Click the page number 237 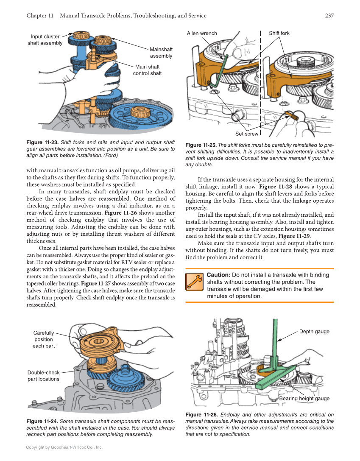(329, 16)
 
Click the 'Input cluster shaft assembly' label (45, 40)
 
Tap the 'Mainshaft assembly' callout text (161, 53)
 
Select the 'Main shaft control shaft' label (147, 70)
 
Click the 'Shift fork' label (279, 34)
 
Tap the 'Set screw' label (246, 134)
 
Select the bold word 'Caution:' (218, 275)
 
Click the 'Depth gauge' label (314, 331)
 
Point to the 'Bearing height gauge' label (304, 398)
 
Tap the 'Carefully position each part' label (44, 339)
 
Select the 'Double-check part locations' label (43, 376)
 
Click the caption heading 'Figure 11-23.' (42, 142)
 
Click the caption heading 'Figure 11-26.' (202, 415)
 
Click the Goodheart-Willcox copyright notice (64, 447)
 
